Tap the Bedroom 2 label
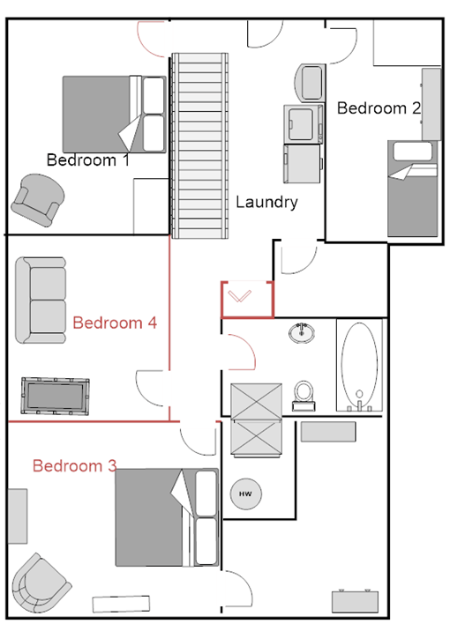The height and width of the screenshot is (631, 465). pyautogui.click(x=379, y=108)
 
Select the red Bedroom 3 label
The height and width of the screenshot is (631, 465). pyautogui.click(x=74, y=465)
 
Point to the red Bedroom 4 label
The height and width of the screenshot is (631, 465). pyautogui.click(x=115, y=323)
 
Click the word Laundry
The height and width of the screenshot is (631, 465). pyautogui.click(x=266, y=202)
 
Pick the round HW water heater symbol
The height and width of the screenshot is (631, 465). pyautogui.click(x=244, y=494)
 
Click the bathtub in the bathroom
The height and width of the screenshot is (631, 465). pyautogui.click(x=359, y=365)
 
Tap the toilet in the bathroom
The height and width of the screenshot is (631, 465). pyautogui.click(x=304, y=394)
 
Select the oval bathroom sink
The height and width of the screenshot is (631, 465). pyautogui.click(x=302, y=332)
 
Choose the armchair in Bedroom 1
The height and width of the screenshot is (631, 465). pyautogui.click(x=36, y=198)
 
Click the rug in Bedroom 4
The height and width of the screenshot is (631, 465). pyautogui.click(x=56, y=395)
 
